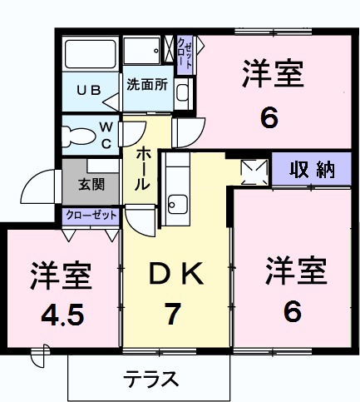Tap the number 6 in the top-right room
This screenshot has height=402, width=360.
tap(269, 117)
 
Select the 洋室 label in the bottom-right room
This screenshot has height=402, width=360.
tap(295, 270)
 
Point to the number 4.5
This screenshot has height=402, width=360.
tap(60, 315)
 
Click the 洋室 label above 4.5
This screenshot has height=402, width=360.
tap(61, 274)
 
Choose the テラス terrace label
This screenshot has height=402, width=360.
tap(151, 379)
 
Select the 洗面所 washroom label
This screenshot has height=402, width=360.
tap(147, 85)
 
